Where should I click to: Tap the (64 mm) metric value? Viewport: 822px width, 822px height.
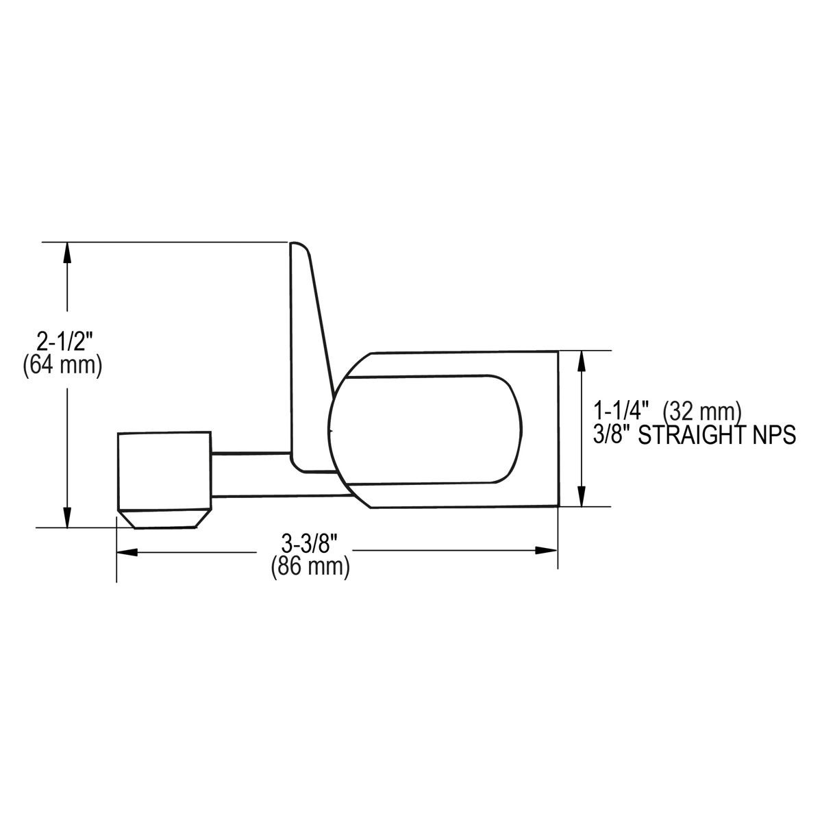(62, 366)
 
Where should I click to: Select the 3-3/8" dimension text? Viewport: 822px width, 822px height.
(310, 545)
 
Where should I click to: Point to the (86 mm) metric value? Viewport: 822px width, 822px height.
(310, 567)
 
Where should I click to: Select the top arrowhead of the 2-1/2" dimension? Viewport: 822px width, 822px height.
(66, 252)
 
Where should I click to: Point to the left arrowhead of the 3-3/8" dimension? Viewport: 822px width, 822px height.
(127, 551)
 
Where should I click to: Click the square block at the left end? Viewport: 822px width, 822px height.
(164, 471)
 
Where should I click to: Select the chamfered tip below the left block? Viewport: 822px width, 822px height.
(164, 519)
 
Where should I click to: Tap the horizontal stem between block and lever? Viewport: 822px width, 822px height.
(250, 473)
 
